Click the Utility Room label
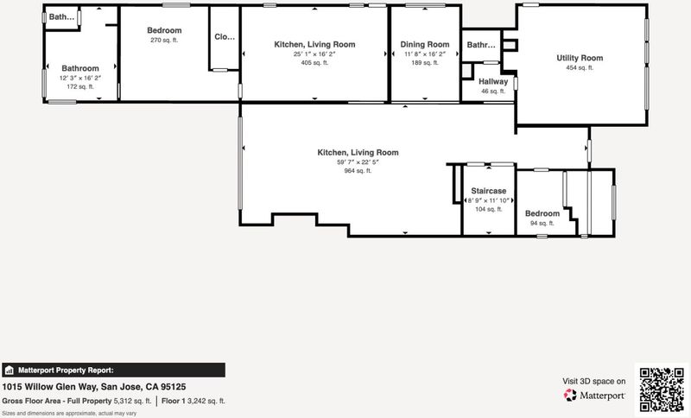tap(580, 58)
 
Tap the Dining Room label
tap(425, 45)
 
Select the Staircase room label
tap(488, 191)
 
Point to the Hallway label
tap(493, 81)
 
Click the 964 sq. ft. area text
tap(358, 171)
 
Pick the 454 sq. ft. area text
tap(580, 68)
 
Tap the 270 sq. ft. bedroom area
tap(164, 40)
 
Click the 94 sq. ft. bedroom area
tap(542, 224)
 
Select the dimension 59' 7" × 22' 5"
tap(358, 162)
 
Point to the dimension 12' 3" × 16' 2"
tap(80, 78)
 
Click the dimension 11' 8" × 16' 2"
tap(425, 54)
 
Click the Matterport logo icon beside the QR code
tap(570, 395)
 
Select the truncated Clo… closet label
tap(225, 36)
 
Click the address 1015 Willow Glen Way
tap(50, 387)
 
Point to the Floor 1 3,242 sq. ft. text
tap(193, 401)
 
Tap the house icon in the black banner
tap(10, 370)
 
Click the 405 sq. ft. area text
tap(314, 63)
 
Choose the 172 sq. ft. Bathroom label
tap(80, 68)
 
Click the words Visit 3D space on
tap(593, 381)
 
